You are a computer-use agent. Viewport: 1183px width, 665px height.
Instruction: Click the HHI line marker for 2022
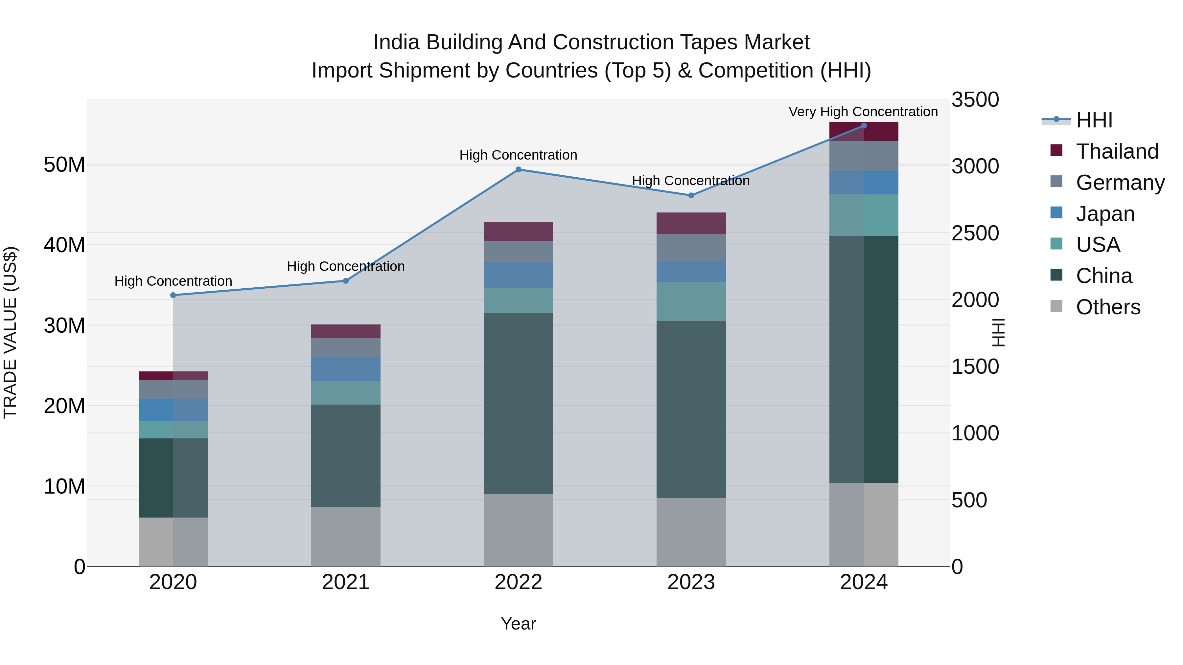(x=519, y=169)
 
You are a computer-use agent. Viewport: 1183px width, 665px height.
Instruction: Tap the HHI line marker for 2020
(x=173, y=295)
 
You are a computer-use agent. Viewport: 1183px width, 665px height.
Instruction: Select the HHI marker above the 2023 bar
(x=691, y=195)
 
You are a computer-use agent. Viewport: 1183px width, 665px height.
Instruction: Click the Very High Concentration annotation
(x=863, y=112)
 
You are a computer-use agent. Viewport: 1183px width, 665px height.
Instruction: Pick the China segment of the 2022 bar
(x=519, y=404)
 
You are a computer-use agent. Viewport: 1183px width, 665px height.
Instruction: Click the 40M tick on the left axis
(x=64, y=245)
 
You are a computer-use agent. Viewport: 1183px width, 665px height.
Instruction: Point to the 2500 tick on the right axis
(x=975, y=233)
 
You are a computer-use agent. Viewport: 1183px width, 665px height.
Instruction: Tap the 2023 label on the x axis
(x=691, y=582)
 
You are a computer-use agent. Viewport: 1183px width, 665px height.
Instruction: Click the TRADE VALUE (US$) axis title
(x=10, y=332)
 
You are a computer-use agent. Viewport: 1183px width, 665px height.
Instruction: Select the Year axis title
(x=519, y=624)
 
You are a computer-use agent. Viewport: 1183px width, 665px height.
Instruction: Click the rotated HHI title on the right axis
(x=998, y=332)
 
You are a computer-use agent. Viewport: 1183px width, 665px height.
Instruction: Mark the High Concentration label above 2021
(x=346, y=266)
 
